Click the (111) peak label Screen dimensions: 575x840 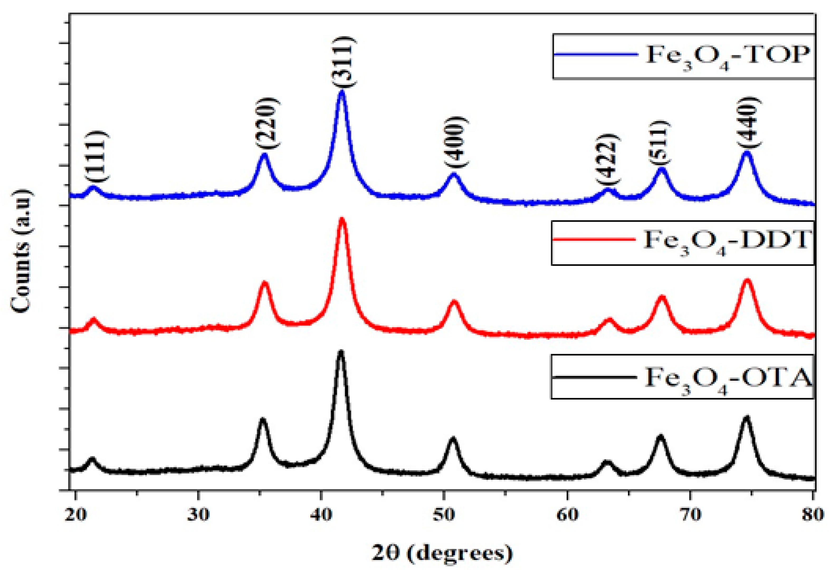(96, 156)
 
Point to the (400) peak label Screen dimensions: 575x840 (456, 142)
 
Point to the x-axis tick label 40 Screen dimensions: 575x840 (321, 514)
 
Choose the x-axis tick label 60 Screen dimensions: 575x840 (567, 514)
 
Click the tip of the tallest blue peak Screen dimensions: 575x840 (342, 92)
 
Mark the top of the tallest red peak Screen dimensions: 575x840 (342, 219)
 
